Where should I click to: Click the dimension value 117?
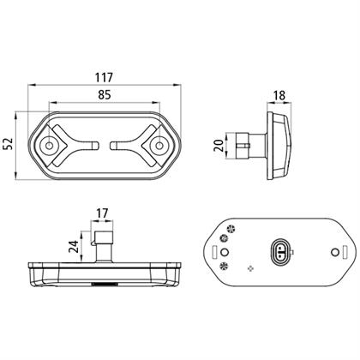point(105,77)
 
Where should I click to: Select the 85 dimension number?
point(105,94)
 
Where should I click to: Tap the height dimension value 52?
point(9,144)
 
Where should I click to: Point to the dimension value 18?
point(279,95)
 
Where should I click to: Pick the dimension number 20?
point(219,146)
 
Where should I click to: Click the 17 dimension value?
point(102,213)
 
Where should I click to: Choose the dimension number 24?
point(74,247)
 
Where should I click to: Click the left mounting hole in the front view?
point(49,146)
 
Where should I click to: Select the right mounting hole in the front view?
point(159,146)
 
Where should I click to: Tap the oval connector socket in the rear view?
point(280,252)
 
